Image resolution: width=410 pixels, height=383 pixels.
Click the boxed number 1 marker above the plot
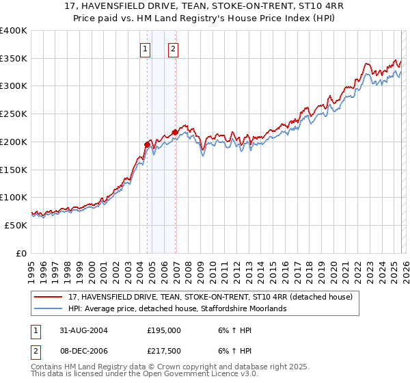coord(146,49)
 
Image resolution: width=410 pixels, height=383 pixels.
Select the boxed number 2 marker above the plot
coord(174,49)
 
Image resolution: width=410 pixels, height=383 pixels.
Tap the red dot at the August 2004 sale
coord(148,144)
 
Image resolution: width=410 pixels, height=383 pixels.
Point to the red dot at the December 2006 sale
coord(175,132)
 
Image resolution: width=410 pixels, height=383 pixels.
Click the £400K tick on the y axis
coord(14,31)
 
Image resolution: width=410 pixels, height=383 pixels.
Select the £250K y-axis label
coord(14,114)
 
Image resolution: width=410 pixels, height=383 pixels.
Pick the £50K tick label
coord(16,225)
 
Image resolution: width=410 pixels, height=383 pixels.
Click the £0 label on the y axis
coord(21,253)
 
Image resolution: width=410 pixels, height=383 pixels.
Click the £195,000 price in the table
coord(163,330)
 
